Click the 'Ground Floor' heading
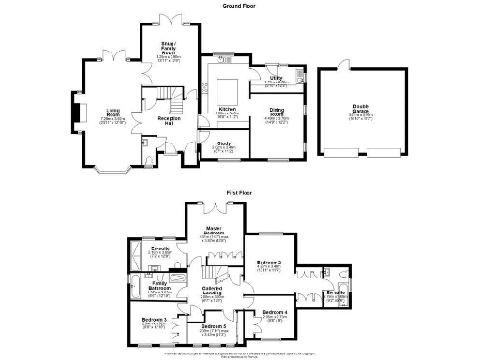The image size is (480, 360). point(239,5)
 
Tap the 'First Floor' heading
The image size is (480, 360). point(239,193)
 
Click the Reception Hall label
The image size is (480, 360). point(169,121)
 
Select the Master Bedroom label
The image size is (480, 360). point(216,232)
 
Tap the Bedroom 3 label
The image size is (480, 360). point(155,321)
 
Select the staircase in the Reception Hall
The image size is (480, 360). point(160,95)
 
